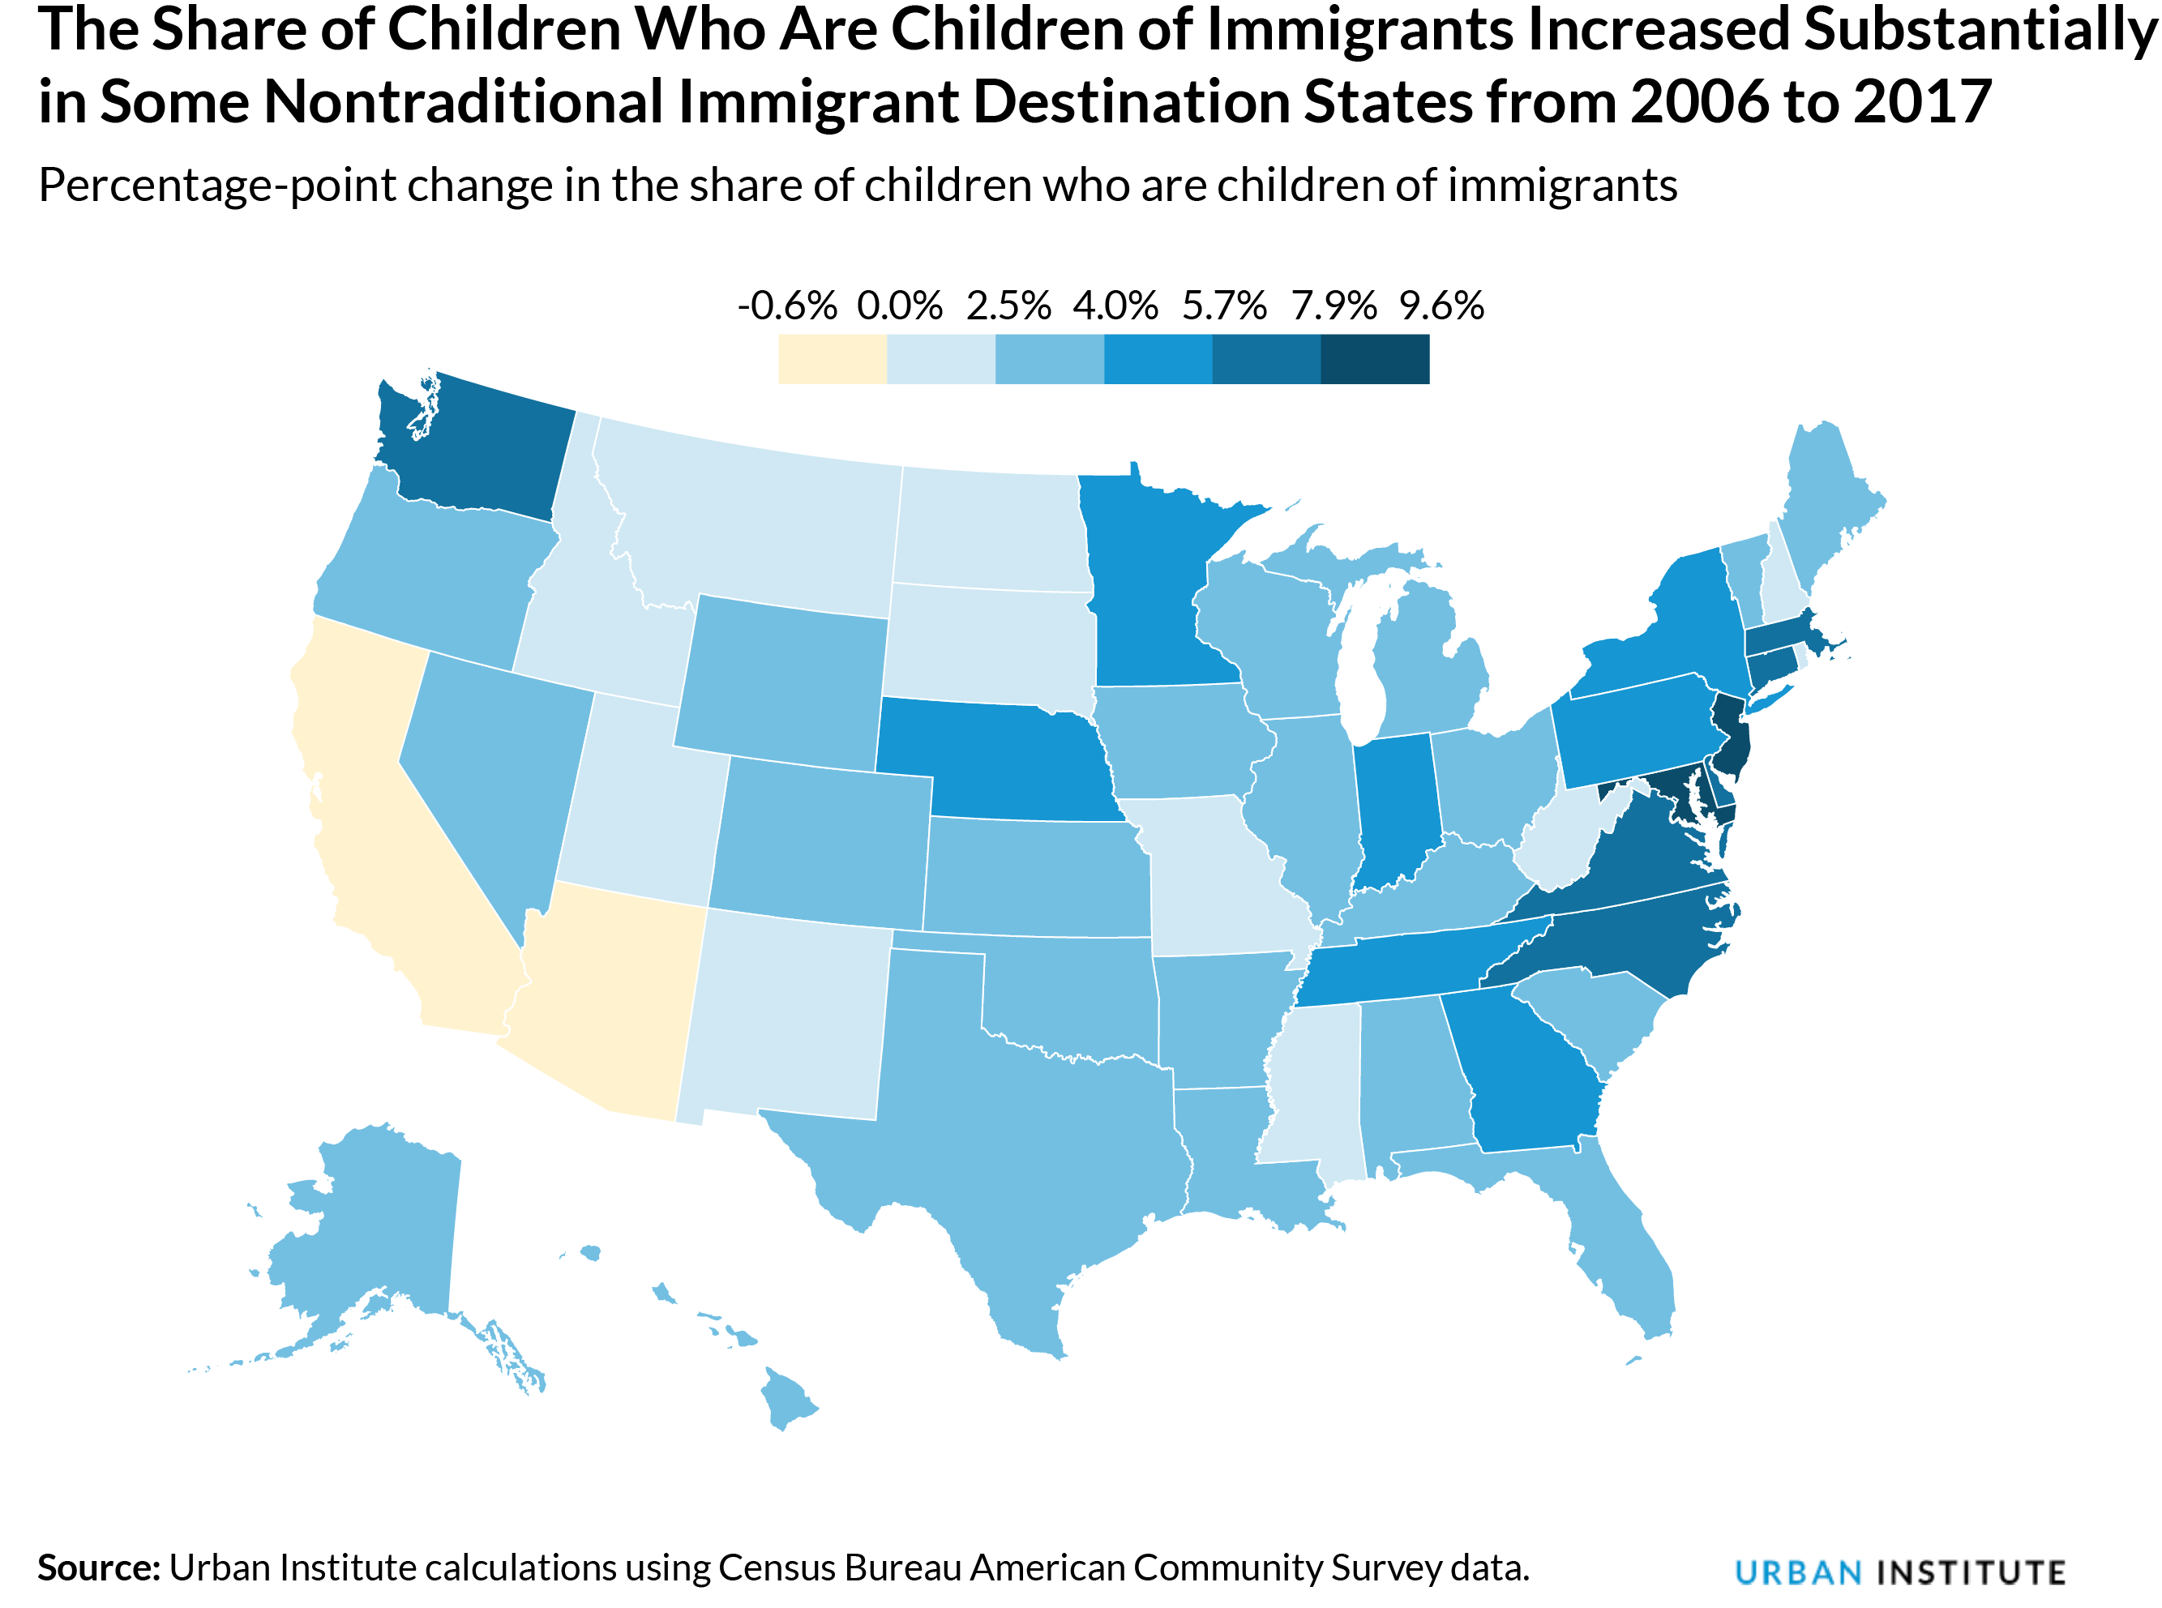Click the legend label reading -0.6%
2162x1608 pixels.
[786, 306]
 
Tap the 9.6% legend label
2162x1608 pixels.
[1441, 306]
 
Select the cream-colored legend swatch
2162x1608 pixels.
[833, 359]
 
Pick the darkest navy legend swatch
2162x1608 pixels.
[1375, 359]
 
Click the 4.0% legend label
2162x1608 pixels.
[1115, 306]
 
